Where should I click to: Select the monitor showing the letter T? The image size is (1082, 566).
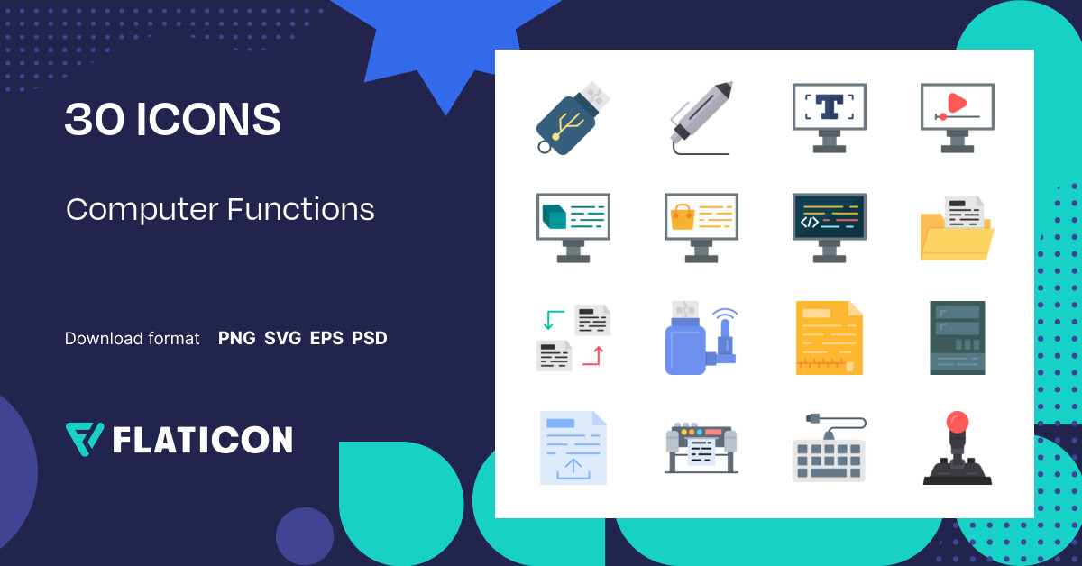pos(829,116)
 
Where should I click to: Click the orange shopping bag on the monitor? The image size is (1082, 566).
pos(682,216)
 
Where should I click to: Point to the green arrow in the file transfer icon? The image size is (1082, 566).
pos(553,318)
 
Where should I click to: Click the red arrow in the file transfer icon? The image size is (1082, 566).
pos(593,355)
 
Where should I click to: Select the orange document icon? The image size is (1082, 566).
pos(829,337)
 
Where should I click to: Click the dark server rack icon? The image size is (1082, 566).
pos(957,337)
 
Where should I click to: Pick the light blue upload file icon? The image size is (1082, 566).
pos(573,448)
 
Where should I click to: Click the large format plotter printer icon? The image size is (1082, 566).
pos(701,448)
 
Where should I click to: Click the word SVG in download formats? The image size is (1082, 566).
pos(282,339)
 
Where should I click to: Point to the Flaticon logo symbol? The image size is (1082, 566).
pos(84,439)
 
